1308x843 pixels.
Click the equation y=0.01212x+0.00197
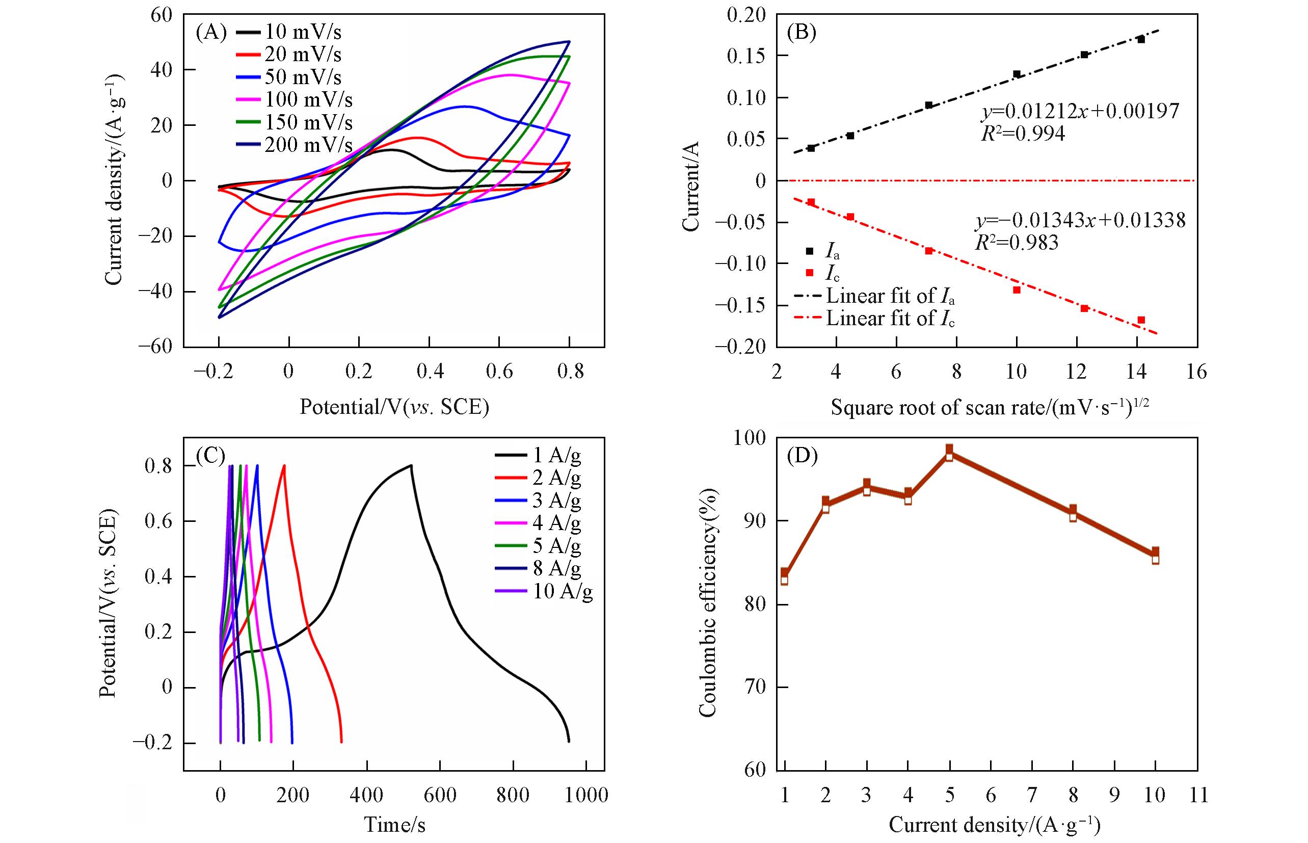tap(1079, 111)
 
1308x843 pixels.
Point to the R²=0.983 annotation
tap(1017, 243)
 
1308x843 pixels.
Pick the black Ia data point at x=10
tap(1017, 74)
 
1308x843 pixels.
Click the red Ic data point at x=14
tap(1141, 320)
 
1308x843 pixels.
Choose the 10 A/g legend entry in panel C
tap(563, 592)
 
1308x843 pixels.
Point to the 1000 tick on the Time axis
tap(586, 796)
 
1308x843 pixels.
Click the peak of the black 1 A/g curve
tap(411, 465)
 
